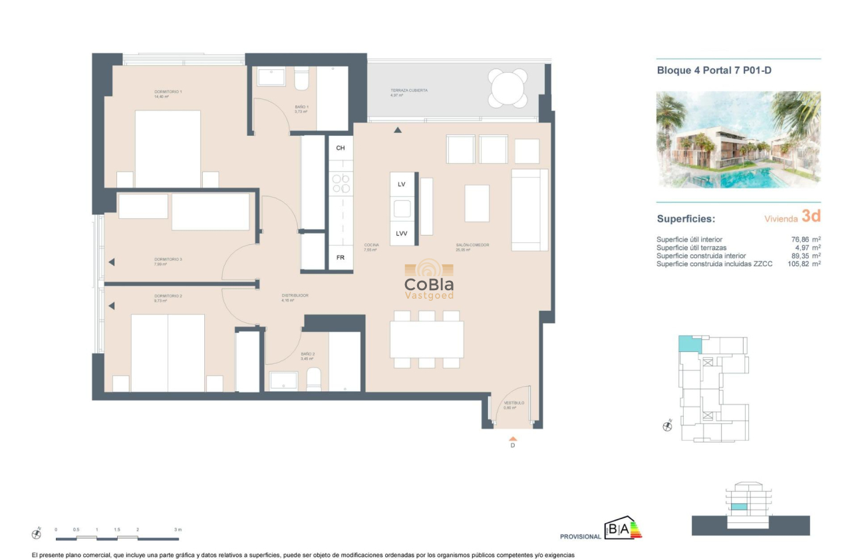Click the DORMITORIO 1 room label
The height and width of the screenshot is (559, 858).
click(x=168, y=92)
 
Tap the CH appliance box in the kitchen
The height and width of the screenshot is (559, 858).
click(x=340, y=148)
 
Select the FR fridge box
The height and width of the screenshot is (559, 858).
click(x=340, y=258)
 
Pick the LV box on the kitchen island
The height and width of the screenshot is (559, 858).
click(x=401, y=184)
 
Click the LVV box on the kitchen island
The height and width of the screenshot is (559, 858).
click(x=401, y=234)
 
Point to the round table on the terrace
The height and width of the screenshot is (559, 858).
click(x=507, y=87)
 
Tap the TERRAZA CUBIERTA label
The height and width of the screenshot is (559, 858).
click(x=409, y=91)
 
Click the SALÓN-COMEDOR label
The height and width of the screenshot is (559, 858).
click(x=472, y=246)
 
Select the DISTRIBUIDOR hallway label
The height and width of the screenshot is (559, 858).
click(x=295, y=295)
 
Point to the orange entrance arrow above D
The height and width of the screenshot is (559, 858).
click(x=512, y=439)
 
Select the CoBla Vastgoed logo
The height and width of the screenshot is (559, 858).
click(x=429, y=281)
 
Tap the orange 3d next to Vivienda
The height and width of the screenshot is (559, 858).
click(x=811, y=216)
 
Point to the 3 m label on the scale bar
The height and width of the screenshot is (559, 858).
click(x=178, y=530)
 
